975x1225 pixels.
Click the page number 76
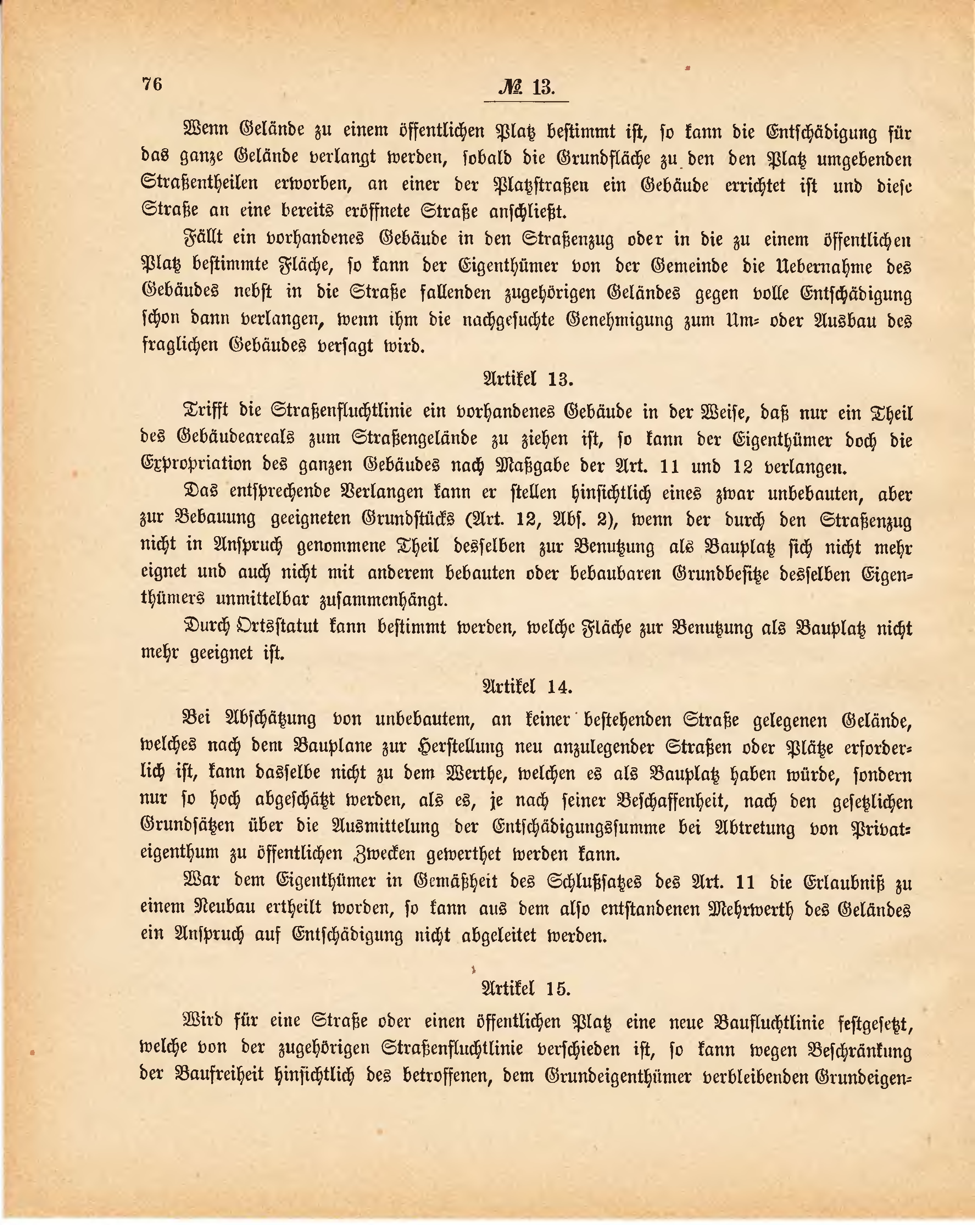[x=152, y=84]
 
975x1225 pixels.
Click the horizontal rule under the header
[x=526, y=102]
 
